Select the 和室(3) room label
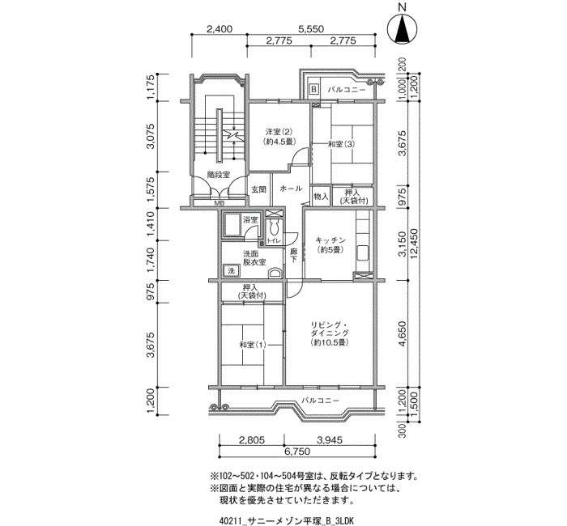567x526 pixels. click(341, 144)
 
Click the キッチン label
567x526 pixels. click(330, 240)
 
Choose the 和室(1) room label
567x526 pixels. click(253, 344)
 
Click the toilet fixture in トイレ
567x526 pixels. click(274, 228)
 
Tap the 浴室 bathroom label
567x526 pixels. click(250, 219)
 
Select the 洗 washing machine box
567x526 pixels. click(231, 270)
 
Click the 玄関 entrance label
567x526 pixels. click(259, 189)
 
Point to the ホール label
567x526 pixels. click(291, 189)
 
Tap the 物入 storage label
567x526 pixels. click(321, 197)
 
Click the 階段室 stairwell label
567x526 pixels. click(219, 175)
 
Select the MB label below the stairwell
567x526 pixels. click(219, 202)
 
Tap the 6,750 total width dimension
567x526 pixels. click(297, 452)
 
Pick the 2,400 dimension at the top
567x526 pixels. click(220, 29)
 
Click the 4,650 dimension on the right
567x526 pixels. click(403, 333)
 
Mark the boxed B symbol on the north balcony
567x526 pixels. click(314, 88)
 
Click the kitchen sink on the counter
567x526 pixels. click(362, 252)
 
